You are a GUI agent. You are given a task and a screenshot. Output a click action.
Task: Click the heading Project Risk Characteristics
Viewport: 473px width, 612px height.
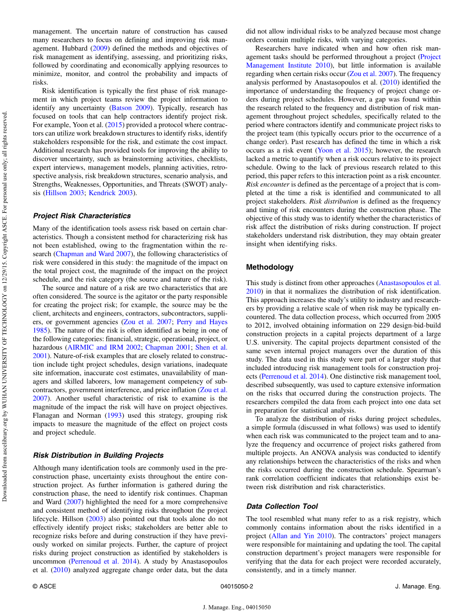pos(82,216)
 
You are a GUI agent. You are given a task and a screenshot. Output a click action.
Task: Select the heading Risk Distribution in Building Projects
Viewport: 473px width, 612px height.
pos(98,456)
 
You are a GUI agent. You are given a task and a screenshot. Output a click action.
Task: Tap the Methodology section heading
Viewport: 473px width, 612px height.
pos(270,267)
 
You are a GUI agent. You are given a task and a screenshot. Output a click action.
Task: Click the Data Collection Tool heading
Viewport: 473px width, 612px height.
pos(282,507)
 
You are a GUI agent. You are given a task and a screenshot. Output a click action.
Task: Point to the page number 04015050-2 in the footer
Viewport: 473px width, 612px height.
pos(236,587)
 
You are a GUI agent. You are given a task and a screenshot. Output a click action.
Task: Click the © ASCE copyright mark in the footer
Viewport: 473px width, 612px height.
pos(44,587)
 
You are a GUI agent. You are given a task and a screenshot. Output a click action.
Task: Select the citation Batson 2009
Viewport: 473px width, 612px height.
pos(131,107)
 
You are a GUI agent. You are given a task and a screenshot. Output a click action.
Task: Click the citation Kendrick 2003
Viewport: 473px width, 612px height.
pos(112,193)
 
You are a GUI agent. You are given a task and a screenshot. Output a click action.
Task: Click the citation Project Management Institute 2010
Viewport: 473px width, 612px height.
pos(343,61)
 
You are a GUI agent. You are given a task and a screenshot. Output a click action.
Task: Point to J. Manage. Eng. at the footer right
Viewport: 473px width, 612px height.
pos(417,587)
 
